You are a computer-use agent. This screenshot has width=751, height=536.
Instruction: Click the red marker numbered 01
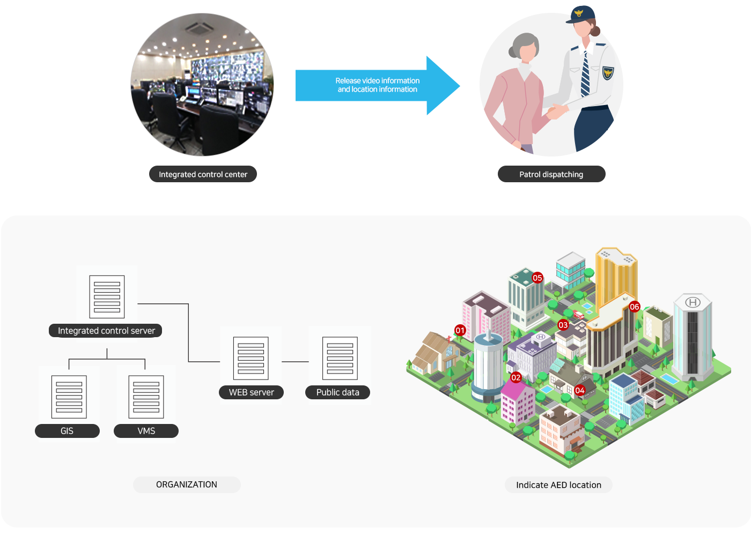tap(460, 330)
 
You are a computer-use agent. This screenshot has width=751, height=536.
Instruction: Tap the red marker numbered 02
tap(516, 377)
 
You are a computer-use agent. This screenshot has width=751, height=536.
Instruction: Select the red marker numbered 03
tap(563, 325)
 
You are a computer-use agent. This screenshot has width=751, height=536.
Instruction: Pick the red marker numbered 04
tap(579, 390)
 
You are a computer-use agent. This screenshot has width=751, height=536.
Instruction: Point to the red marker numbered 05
tap(538, 278)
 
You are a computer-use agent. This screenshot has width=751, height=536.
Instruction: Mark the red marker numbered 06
tap(635, 307)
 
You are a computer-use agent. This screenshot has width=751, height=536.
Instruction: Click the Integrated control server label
tap(106, 331)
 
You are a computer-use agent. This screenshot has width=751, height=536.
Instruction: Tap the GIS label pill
tap(67, 431)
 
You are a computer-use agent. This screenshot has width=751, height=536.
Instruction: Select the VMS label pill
tap(146, 431)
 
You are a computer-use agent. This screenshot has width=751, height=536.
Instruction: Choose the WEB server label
tap(251, 392)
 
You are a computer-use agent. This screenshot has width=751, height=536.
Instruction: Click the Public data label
tap(337, 392)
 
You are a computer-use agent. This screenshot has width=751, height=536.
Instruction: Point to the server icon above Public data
tap(340, 358)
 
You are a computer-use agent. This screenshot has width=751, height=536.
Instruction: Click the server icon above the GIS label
tap(69, 397)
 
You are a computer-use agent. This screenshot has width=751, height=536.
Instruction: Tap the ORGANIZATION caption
tap(187, 485)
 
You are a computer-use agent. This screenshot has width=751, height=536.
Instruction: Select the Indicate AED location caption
tap(558, 485)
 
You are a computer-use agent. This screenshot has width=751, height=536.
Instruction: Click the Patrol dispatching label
tap(551, 174)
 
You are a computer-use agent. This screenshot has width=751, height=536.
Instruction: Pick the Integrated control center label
tap(203, 174)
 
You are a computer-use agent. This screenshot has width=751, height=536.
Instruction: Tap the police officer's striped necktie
tap(585, 75)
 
